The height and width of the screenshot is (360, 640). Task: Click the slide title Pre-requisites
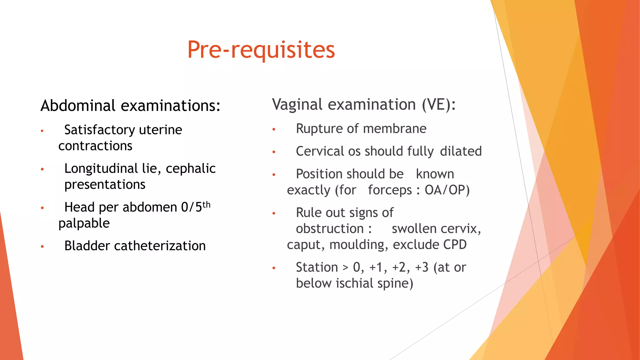[261, 50]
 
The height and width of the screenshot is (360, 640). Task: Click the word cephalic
[191, 168]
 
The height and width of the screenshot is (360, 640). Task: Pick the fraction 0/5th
[196, 207]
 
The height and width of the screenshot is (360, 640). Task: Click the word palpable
[84, 223]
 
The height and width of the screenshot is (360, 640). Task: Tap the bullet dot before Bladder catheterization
[42, 247]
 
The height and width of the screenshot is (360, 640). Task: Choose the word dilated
[461, 151]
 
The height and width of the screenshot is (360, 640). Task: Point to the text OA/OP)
[447, 190]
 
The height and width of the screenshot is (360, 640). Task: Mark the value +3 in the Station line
[422, 267]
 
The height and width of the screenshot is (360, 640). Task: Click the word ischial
[354, 283]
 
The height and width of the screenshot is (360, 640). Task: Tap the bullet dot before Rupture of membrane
[274, 129]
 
